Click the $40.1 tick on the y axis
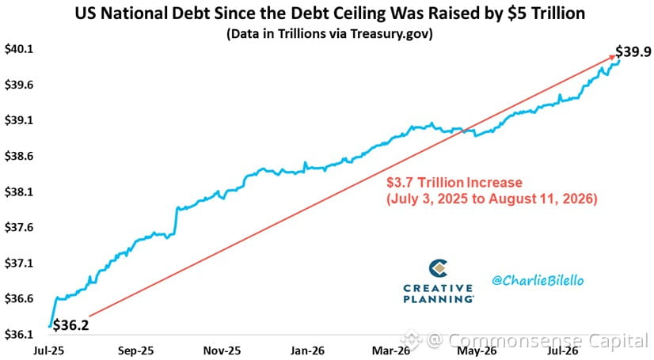coord(19,49)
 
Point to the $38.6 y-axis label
coord(19,156)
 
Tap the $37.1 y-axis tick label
coord(19,263)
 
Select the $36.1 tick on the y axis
coord(19,335)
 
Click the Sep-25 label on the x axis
coord(135,351)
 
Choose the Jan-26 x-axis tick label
coord(307,351)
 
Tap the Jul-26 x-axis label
coord(563,351)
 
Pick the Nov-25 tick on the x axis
coord(222,351)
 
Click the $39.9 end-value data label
coord(633,51)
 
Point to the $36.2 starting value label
coord(71,325)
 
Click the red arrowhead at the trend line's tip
coord(612,57)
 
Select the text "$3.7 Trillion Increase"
coord(454,183)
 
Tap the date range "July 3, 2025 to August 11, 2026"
coord(492,199)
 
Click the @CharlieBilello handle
coord(538,280)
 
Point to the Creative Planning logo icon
coord(438,268)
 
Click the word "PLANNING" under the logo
coord(439,299)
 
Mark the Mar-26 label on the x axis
coord(391,351)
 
